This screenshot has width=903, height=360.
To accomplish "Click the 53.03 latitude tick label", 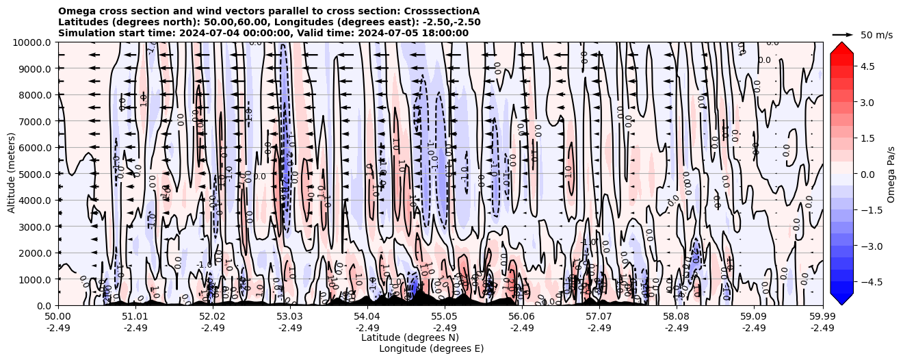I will tap(290, 317).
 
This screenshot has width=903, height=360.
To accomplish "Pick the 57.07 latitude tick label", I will tap(599, 317).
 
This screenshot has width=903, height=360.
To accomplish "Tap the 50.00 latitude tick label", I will tap(58, 317).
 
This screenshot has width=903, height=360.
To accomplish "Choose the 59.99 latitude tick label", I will tap(822, 317).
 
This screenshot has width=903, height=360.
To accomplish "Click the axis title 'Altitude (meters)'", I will tap(12, 174).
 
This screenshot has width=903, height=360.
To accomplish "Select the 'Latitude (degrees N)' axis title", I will tap(410, 337).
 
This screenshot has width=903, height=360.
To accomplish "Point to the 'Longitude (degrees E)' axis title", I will tap(431, 348).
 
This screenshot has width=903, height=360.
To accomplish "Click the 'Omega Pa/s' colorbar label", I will tap(891, 174).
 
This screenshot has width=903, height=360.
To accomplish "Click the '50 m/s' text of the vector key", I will tap(876, 35).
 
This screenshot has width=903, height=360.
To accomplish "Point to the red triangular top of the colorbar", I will tap(841, 48).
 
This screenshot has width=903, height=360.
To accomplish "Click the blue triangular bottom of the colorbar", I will tap(841, 298).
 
